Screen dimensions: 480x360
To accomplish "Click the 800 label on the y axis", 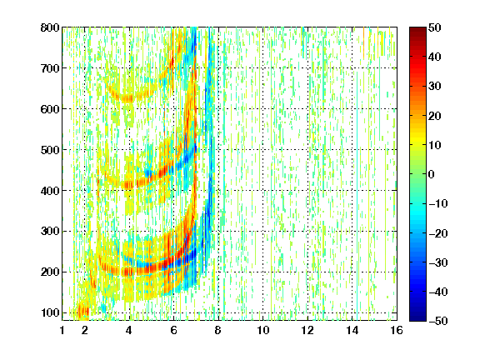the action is point(50,27).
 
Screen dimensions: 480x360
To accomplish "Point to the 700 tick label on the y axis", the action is point(50,68).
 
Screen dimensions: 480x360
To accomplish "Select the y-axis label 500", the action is point(50,150).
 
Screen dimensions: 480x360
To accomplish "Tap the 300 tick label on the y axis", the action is point(50,231).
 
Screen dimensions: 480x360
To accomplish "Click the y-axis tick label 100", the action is point(50,312).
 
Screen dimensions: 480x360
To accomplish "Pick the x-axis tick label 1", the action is point(62,330).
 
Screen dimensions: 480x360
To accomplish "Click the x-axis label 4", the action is point(129,330).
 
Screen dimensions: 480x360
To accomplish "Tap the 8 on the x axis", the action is point(218,330).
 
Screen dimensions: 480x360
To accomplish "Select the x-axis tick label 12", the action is point(307,330).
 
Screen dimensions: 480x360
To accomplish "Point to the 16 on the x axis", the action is point(397,330).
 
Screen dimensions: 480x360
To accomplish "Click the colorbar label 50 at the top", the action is point(435,27).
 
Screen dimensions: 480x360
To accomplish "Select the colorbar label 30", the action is point(435,86).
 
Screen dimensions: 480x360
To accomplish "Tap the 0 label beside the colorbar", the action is point(432,174).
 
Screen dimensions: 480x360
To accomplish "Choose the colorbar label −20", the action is point(438,233).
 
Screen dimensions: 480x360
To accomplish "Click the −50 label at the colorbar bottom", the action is point(438,321).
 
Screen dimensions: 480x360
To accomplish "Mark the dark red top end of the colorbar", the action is point(417,28).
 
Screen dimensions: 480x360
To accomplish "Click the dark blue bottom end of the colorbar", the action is point(417,320).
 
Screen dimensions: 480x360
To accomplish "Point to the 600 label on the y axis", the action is point(50,109).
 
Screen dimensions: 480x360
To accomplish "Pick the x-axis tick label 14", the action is point(352,330).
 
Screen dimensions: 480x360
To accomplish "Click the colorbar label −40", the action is point(438,292).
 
